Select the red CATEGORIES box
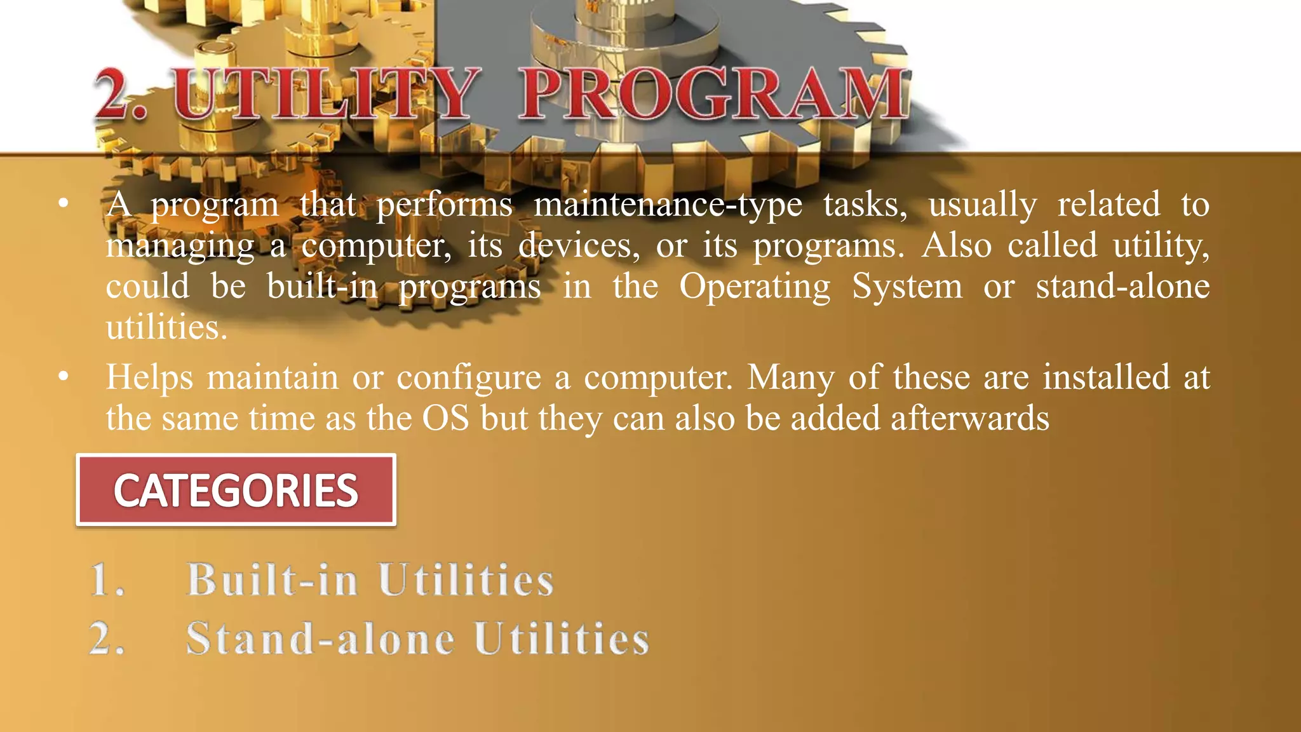click(236, 490)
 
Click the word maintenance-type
click(668, 205)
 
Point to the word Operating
click(755, 287)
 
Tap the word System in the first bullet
click(907, 287)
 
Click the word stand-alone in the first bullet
click(1122, 287)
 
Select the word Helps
click(149, 378)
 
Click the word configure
click(469, 378)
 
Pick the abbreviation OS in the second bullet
click(446, 419)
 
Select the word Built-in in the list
click(273, 580)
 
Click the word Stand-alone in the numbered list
click(321, 639)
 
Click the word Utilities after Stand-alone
click(562, 639)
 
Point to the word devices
click(579, 246)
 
